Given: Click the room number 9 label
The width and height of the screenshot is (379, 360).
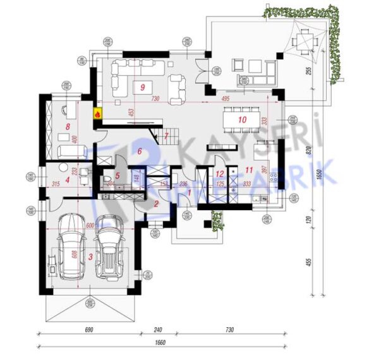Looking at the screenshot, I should (x=143, y=87).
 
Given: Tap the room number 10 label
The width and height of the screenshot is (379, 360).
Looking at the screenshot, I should (x=241, y=118).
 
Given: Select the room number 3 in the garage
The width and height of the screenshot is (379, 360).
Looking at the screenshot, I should (x=90, y=256).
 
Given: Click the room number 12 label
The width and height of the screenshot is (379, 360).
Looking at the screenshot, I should (x=219, y=172).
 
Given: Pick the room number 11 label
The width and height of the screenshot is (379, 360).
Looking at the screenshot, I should (x=248, y=169).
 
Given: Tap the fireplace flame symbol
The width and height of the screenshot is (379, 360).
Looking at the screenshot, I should (x=98, y=114).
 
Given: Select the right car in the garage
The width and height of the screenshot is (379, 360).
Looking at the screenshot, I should (x=109, y=248).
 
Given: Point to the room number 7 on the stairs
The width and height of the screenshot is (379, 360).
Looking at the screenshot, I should (x=165, y=136).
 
